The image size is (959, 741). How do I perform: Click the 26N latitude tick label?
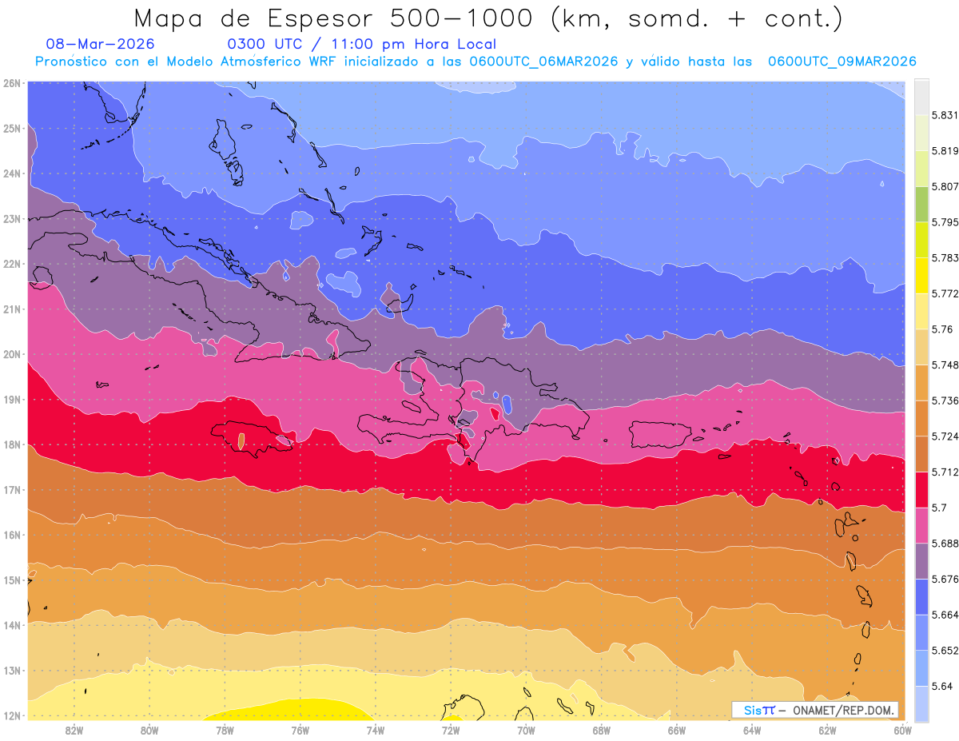point(12,82)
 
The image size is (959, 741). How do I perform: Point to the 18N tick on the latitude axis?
point(12,444)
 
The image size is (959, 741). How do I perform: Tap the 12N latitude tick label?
point(12,715)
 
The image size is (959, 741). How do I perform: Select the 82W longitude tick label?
point(74,730)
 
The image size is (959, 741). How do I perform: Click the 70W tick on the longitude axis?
point(526,730)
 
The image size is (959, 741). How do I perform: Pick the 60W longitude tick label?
point(902,730)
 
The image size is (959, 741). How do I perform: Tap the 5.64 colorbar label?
point(939,686)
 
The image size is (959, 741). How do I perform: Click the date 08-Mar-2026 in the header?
point(101,45)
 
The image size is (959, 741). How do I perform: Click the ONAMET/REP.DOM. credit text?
point(843,710)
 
